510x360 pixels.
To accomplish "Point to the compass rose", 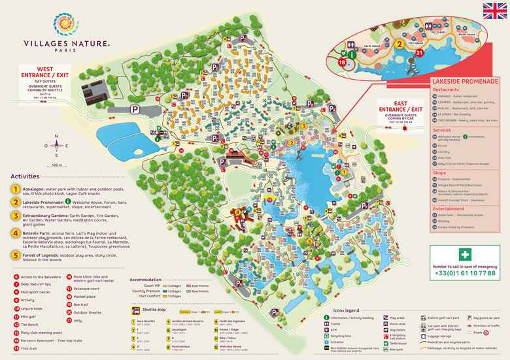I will point(57,146).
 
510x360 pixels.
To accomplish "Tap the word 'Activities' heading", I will point(25,176).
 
